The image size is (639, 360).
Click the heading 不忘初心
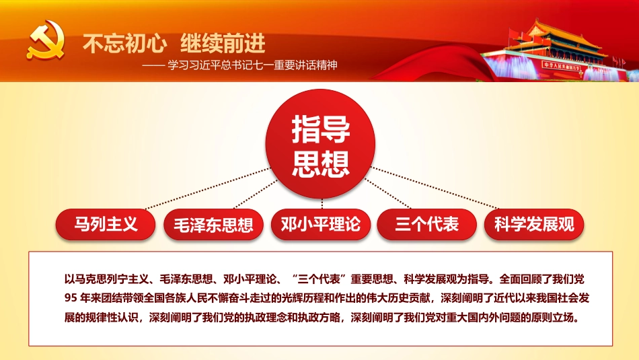point(124,44)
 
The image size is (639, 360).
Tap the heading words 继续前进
point(223,44)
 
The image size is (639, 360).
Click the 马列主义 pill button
point(106,224)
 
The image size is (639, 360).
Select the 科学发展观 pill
point(534,225)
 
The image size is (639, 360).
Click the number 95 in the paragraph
point(69,297)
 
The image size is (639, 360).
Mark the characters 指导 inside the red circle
point(321,130)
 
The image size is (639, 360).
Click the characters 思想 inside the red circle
point(321,163)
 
